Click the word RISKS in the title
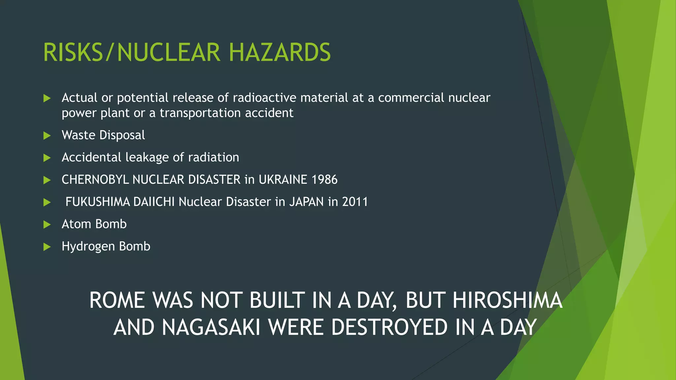point(73,52)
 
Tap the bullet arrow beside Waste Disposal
point(47,136)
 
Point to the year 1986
point(324,180)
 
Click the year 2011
point(355,202)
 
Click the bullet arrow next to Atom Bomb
point(47,225)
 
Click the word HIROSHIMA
point(507,301)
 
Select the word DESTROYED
point(389,327)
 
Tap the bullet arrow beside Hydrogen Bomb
point(47,247)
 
